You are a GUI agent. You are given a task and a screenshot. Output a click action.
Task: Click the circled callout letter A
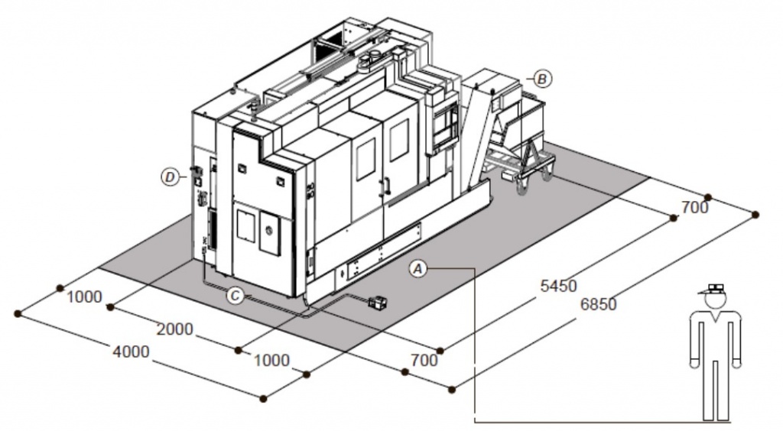tap(418, 269)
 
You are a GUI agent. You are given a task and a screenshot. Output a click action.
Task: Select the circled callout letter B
tap(543, 79)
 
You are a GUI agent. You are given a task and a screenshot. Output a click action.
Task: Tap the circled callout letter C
tap(235, 296)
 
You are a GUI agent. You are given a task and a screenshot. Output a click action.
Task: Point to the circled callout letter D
tap(171, 177)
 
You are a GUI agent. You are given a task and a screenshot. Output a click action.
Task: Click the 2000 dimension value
tap(175, 329)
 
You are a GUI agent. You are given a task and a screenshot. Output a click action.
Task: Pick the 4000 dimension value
tap(131, 352)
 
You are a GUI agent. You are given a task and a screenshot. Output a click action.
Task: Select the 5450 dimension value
tap(559, 286)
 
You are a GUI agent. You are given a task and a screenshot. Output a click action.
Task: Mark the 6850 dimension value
tap(598, 304)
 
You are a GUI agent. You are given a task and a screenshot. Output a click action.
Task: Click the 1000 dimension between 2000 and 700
tap(271, 360)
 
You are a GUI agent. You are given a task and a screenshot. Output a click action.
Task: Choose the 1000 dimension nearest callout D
tap(84, 297)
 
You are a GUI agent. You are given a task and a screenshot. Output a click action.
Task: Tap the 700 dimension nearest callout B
tap(694, 208)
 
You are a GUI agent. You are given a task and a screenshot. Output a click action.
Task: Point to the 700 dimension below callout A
tap(424, 360)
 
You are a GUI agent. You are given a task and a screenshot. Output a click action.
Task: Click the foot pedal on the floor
tap(378, 303)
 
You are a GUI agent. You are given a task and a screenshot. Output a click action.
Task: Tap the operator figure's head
tap(715, 300)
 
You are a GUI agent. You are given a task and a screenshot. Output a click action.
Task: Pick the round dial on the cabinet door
tap(269, 230)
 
